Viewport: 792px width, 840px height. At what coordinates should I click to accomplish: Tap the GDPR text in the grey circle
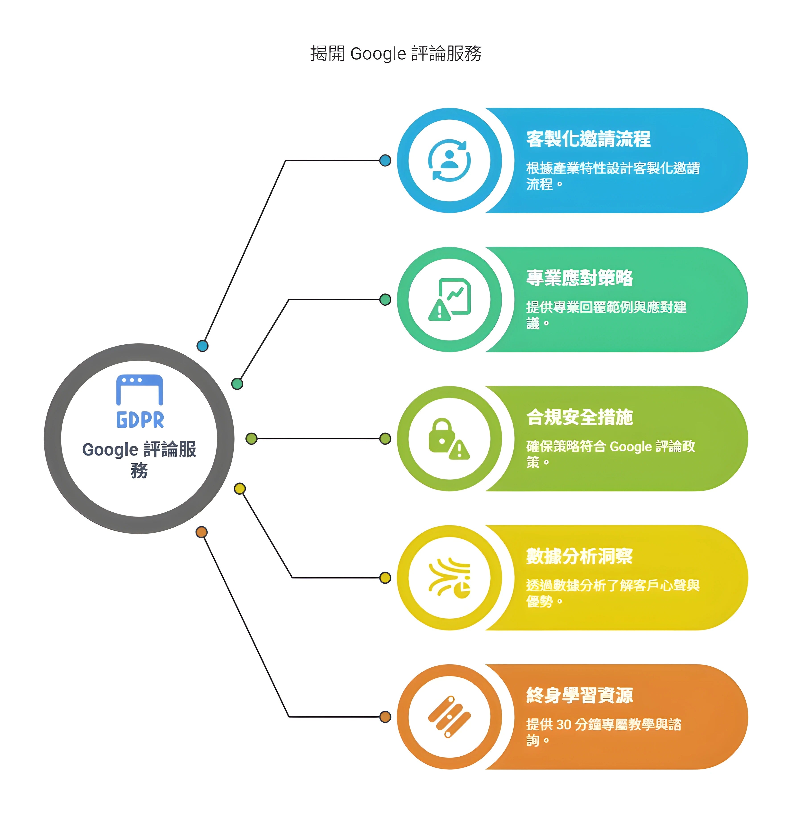coord(140,420)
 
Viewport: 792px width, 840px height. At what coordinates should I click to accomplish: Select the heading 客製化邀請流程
coord(588,139)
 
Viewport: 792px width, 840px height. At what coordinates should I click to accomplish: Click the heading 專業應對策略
coord(580,278)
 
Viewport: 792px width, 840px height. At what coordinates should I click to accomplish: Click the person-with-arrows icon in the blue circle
coord(449,161)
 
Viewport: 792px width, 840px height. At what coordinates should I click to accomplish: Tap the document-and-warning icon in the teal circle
coord(449,300)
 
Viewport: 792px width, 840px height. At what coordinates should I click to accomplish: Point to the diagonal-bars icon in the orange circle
coord(449,717)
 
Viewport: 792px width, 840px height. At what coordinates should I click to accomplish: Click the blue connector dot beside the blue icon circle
coord(385,161)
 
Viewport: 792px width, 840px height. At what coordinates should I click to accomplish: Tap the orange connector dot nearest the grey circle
coord(202,532)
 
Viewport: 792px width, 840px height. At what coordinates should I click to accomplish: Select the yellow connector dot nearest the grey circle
coord(240,489)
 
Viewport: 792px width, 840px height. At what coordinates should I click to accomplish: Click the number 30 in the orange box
coord(564,725)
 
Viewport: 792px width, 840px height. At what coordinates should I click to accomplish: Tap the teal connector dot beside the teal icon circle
coord(385,300)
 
